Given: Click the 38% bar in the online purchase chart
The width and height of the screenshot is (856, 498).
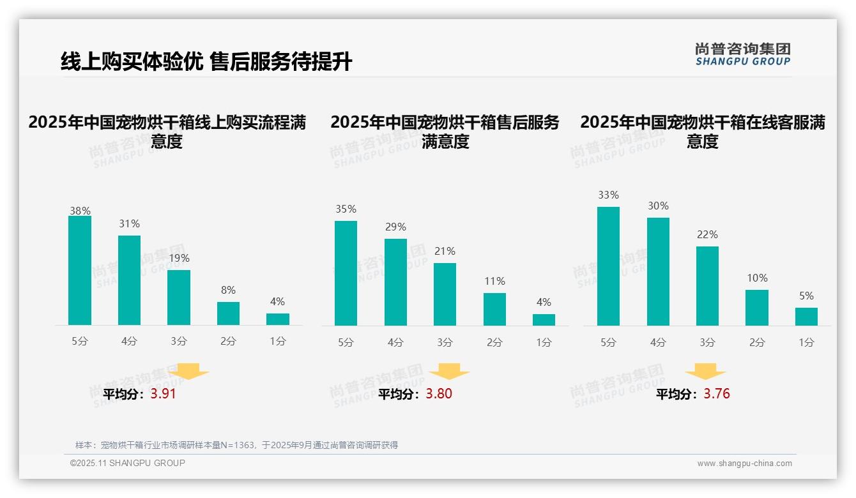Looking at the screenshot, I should [80, 271].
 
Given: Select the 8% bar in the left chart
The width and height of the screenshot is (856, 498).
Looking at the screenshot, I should [228, 313].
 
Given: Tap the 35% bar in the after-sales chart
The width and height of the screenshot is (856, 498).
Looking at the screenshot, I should [346, 273].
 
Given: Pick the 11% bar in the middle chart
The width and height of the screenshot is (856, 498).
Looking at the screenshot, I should [494, 310].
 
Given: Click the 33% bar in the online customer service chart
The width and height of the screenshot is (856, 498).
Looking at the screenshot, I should [608, 266].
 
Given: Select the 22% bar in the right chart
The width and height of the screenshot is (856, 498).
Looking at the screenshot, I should [707, 286].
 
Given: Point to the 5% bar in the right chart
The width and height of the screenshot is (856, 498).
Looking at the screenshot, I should [806, 317].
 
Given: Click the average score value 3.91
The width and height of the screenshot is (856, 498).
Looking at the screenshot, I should [163, 394].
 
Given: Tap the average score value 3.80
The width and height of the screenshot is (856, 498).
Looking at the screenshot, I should [439, 394].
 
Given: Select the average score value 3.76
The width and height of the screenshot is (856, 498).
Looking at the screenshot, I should [717, 394].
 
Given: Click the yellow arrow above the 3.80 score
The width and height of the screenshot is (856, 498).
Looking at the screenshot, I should [449, 372].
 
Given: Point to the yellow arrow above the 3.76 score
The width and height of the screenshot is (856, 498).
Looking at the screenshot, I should [705, 372].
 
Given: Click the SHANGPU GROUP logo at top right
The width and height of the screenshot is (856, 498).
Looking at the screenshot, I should [742, 54].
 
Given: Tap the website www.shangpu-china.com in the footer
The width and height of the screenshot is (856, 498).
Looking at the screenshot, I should [744, 464].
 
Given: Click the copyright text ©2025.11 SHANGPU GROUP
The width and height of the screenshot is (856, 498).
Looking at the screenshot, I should [127, 463].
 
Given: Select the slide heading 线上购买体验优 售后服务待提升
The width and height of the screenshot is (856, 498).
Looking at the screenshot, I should [206, 62].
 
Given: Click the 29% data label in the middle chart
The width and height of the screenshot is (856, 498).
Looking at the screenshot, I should [395, 227].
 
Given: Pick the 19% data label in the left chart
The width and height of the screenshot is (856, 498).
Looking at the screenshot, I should [179, 259].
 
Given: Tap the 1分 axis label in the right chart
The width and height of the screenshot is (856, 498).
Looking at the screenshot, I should [806, 343].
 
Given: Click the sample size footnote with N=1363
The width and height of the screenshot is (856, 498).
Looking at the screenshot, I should [236, 445].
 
